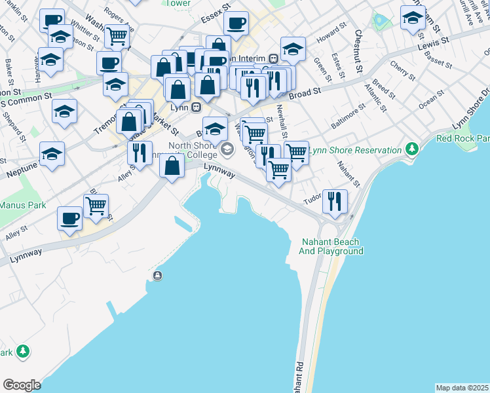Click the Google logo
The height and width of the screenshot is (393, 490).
22,385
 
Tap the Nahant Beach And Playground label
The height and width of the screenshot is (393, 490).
331,246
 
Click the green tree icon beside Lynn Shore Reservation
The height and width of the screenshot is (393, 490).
411,150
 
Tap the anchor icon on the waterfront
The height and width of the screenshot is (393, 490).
157,276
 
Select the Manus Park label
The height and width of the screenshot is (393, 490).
23,205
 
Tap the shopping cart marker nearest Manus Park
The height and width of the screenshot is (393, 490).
96,205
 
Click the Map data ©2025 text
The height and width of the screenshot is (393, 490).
461,388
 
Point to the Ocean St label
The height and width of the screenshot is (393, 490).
431,100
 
